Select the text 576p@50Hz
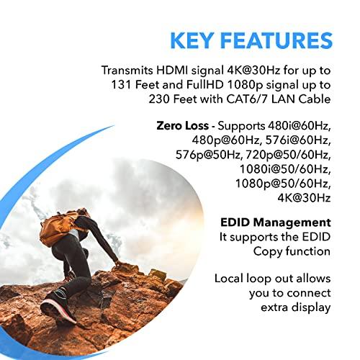(209, 155)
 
